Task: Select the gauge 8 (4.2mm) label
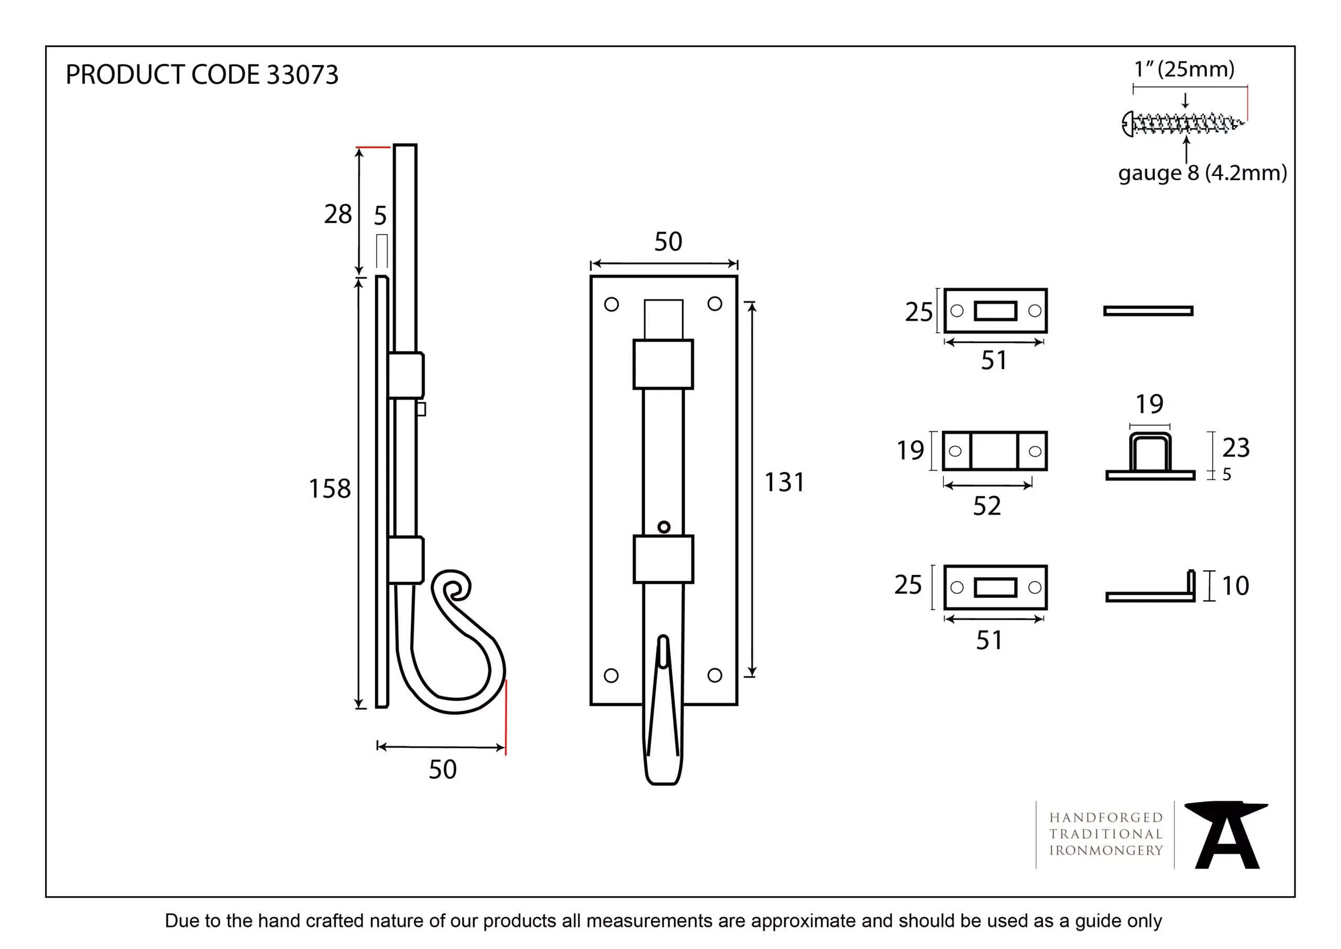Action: pyautogui.click(x=1203, y=173)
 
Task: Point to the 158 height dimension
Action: pyautogui.click(x=329, y=488)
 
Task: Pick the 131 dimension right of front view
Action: pyautogui.click(x=784, y=482)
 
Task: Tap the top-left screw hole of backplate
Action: pyautogui.click(x=611, y=304)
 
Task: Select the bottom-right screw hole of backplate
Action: pyautogui.click(x=715, y=675)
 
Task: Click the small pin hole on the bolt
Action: pyautogui.click(x=664, y=527)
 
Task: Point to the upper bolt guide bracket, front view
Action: pyautogui.click(x=664, y=364)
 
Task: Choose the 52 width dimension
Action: pyautogui.click(x=987, y=506)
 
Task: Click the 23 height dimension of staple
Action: pyautogui.click(x=1236, y=448)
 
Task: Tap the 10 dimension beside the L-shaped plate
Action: pyautogui.click(x=1235, y=585)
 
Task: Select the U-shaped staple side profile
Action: pyautogui.click(x=1150, y=456)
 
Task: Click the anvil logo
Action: pyautogui.click(x=1226, y=835)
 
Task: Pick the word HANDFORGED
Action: pyautogui.click(x=1106, y=817)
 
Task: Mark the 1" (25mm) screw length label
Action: pyautogui.click(x=1184, y=70)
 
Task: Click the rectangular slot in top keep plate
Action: pyautogui.click(x=996, y=311)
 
